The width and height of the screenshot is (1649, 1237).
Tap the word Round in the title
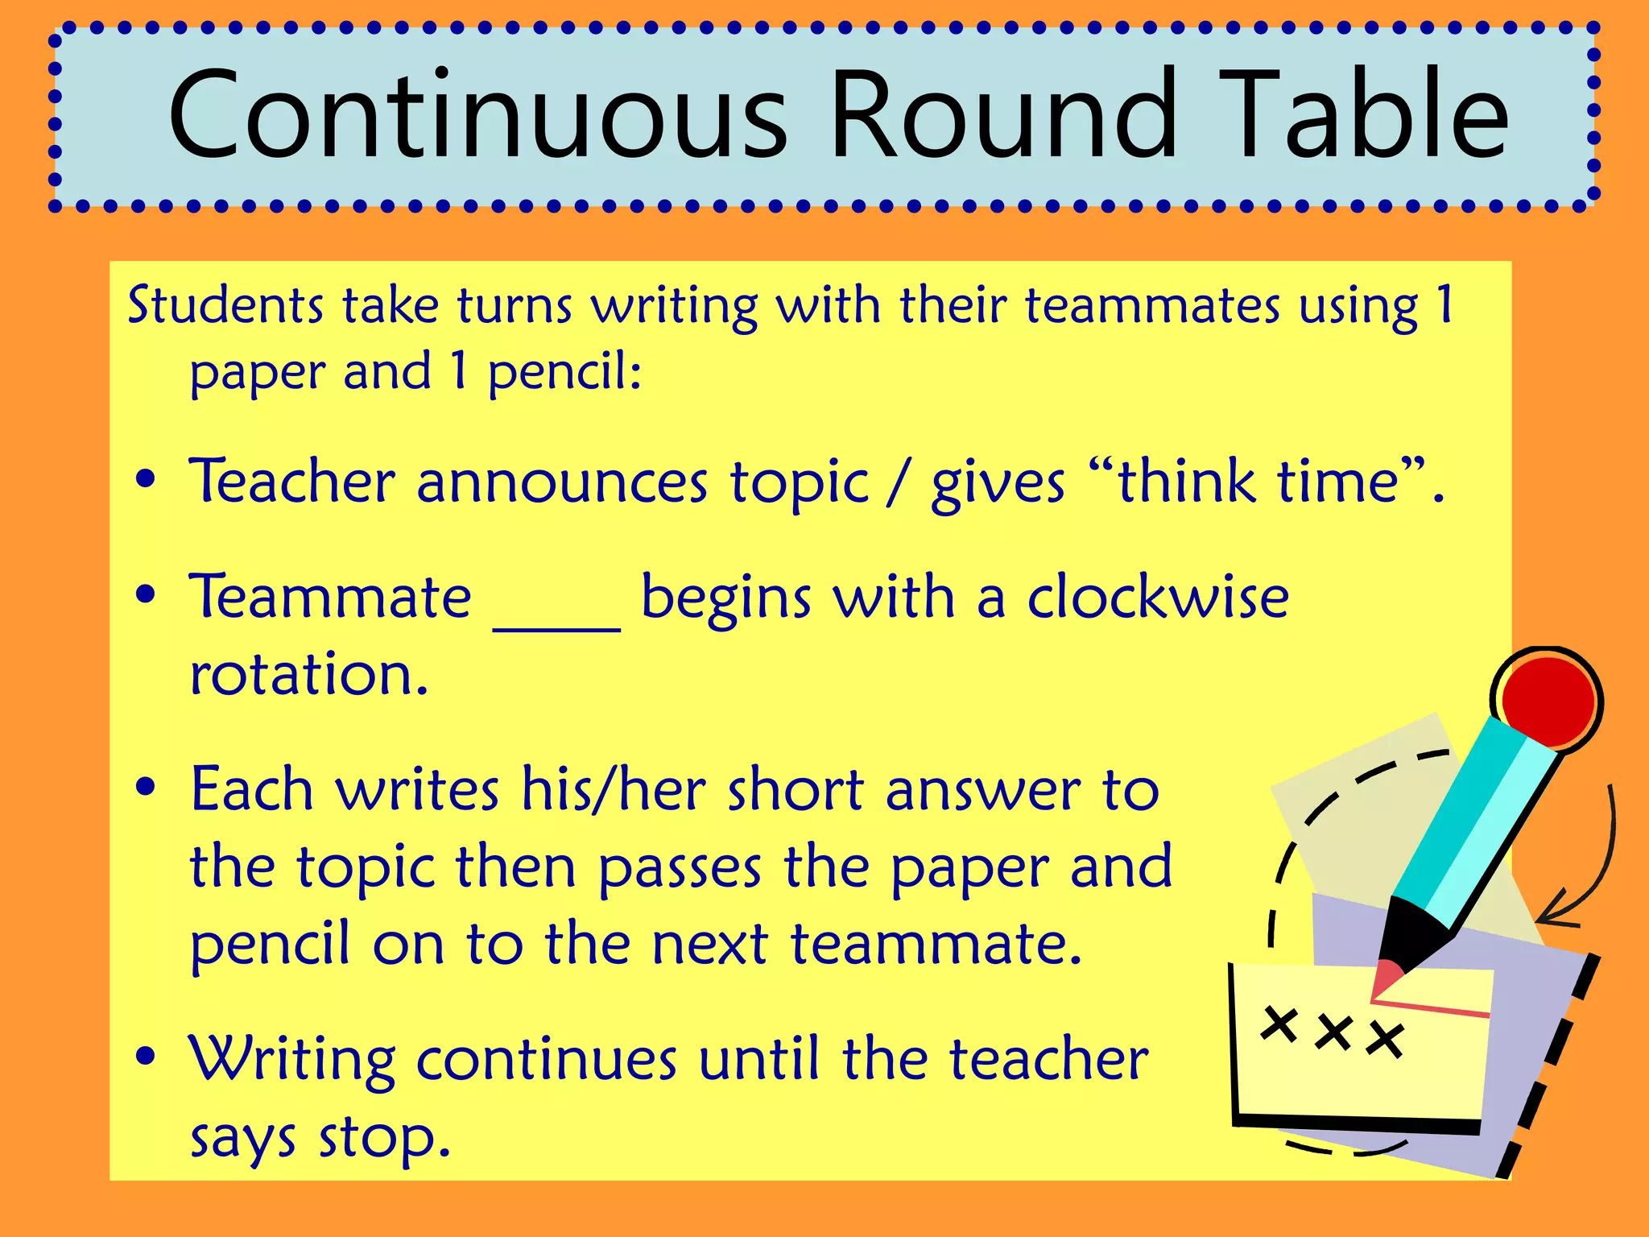(x=1003, y=114)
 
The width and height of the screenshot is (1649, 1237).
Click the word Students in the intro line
(x=225, y=306)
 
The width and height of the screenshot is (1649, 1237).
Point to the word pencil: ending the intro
(x=564, y=373)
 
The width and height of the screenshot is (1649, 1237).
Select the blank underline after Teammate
(x=556, y=624)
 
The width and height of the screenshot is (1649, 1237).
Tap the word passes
(x=680, y=868)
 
